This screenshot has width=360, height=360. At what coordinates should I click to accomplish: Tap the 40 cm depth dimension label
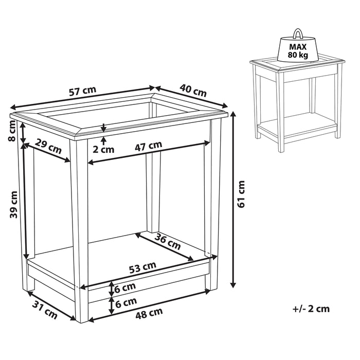193,91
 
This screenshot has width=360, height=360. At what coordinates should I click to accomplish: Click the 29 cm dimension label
49,148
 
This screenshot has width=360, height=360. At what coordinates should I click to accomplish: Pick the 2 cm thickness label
104,150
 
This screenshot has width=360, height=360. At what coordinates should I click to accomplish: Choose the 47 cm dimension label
149,146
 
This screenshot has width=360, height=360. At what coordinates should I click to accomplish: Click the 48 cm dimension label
149,311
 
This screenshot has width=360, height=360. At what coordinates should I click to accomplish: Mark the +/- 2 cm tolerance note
311,309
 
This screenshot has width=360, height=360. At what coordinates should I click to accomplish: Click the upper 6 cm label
125,286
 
